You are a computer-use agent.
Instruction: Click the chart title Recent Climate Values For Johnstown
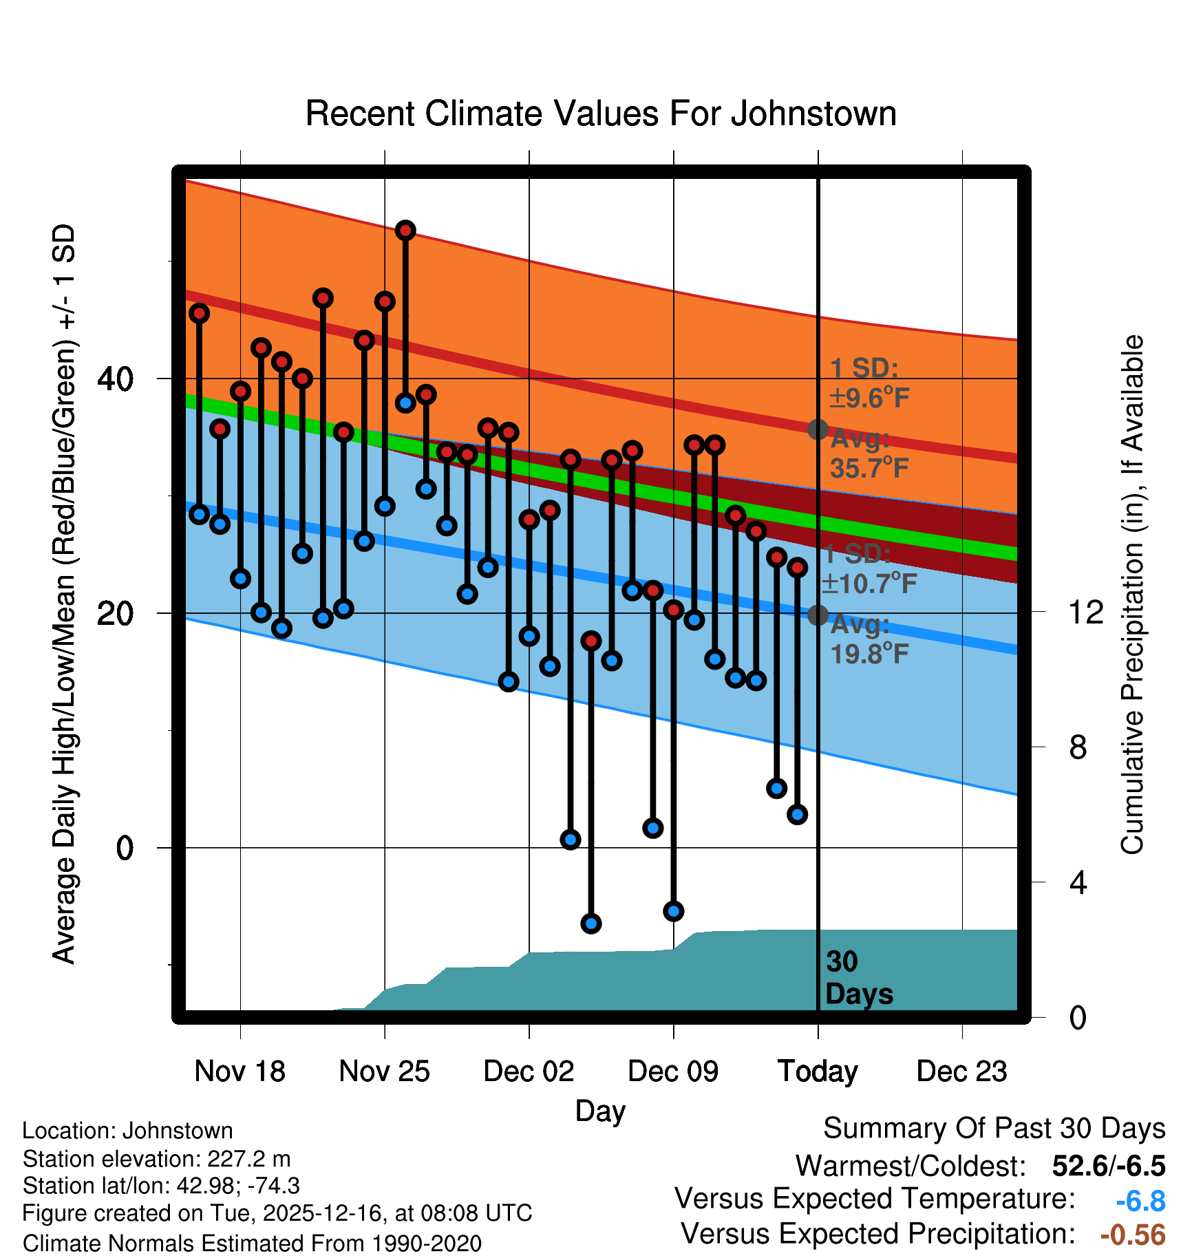click(x=601, y=114)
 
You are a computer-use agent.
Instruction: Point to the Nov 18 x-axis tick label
click(x=239, y=1072)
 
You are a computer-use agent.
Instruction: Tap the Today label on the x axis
click(x=818, y=1072)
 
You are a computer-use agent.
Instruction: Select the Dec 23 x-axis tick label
click(x=961, y=1072)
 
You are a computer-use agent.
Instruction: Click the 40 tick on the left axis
click(x=115, y=379)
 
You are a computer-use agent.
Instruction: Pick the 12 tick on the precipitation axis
click(x=1085, y=612)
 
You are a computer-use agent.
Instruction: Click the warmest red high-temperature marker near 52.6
click(x=405, y=231)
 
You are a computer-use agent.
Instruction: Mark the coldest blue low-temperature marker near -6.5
click(x=591, y=923)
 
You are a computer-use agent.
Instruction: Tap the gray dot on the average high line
click(x=818, y=429)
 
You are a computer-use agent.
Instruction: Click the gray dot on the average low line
click(x=818, y=615)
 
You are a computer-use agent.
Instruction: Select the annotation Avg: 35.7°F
click(x=869, y=454)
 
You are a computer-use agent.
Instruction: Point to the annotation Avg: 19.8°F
click(x=869, y=639)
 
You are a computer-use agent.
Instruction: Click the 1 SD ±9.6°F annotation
click(x=869, y=383)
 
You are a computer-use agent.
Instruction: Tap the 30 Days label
click(x=858, y=978)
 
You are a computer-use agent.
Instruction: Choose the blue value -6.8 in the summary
click(x=1140, y=1202)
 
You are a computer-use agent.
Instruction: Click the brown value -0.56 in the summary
click(x=1133, y=1235)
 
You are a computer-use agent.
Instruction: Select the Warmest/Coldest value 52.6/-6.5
click(x=1108, y=1166)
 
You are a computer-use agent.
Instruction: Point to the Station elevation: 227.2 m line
click(x=157, y=1159)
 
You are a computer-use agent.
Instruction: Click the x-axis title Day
click(x=600, y=1111)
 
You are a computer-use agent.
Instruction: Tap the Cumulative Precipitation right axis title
click(x=1131, y=595)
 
